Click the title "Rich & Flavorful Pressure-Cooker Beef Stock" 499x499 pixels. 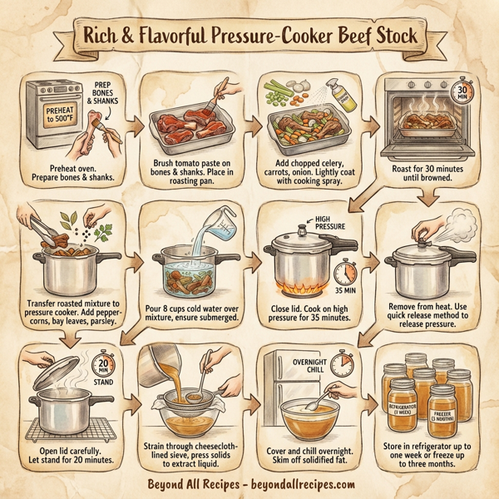coord(249,38)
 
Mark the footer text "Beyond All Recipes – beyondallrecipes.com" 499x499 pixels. coord(249,482)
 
